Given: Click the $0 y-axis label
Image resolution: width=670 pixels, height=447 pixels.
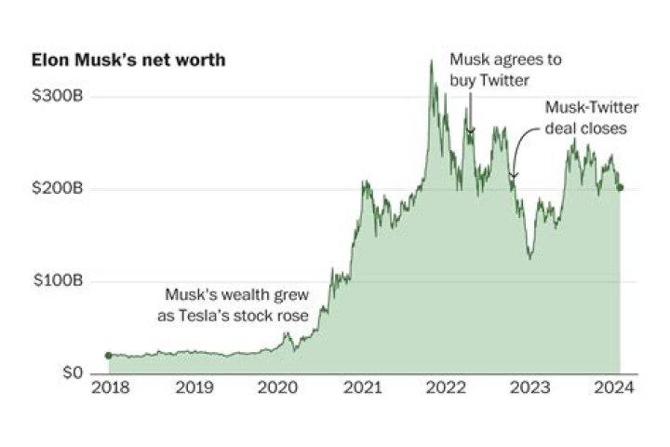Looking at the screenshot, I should pos(73,373).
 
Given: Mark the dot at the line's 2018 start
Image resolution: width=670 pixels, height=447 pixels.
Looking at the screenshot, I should pos(108,355).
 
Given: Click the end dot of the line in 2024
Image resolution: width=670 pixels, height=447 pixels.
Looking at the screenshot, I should pos(621,187).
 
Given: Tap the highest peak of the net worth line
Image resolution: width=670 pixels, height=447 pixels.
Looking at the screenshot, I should pos(431,61).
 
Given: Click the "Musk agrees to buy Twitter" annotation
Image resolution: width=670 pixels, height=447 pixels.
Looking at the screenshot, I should pos(506,68).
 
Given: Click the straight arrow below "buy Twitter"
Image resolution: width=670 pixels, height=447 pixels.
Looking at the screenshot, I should pos(471,112).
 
